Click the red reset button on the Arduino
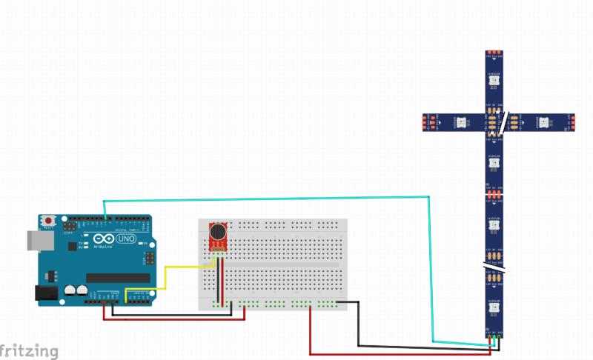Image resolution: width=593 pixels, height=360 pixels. pos(50,221)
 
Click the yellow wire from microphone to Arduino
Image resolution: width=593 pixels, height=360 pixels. pos(165,278)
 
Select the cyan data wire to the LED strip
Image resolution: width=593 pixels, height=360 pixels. pos(267,199)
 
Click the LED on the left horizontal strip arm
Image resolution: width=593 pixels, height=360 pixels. pos(460,121)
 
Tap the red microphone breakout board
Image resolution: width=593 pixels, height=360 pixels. pos(219,237)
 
